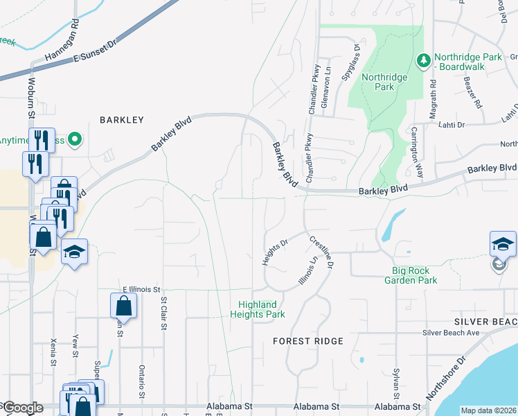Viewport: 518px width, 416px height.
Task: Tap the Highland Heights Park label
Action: (x=257, y=309)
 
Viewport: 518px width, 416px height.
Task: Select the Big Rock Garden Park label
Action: (x=411, y=275)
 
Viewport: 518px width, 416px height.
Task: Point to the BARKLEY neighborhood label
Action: (x=121, y=120)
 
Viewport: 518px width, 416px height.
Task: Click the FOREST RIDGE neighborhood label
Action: (x=307, y=341)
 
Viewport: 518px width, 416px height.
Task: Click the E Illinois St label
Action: (x=141, y=289)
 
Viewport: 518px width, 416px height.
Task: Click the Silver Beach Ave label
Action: (x=451, y=333)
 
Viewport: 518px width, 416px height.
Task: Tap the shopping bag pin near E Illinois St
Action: (x=123, y=306)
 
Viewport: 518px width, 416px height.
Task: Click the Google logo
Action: (x=22, y=408)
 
